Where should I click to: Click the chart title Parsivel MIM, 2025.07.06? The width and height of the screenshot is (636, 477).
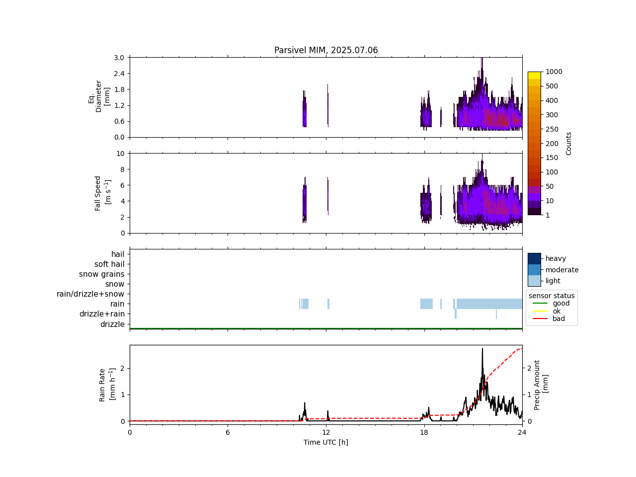326,50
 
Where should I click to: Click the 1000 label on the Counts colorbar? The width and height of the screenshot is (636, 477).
554,72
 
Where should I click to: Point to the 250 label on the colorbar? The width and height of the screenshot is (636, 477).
552,129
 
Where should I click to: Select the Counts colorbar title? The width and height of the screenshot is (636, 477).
569,143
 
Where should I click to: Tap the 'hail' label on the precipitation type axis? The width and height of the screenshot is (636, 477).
118,254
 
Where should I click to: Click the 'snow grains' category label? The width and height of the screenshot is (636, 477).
102,274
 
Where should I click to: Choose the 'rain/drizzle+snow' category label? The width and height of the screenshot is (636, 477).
90,294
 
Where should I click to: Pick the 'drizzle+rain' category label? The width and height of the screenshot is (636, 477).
102,314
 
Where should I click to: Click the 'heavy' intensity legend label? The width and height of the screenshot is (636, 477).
556,258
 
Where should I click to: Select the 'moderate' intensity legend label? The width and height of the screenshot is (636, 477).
562,270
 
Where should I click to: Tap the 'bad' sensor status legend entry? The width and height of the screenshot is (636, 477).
558,318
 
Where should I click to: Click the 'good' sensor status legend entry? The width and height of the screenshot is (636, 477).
561,303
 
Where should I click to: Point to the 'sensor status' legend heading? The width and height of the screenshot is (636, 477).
552,296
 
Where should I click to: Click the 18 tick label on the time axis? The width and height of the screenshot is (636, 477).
424,432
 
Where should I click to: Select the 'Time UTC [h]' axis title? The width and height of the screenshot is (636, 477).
326,442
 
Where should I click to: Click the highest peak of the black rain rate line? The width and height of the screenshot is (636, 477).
482,348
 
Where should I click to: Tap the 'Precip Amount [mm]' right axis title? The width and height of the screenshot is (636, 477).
541,385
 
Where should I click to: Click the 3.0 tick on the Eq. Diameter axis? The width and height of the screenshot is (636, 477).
119,58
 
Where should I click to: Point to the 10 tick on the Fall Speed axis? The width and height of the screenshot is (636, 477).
120,154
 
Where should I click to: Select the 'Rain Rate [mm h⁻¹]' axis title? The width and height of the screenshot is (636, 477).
107,385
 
